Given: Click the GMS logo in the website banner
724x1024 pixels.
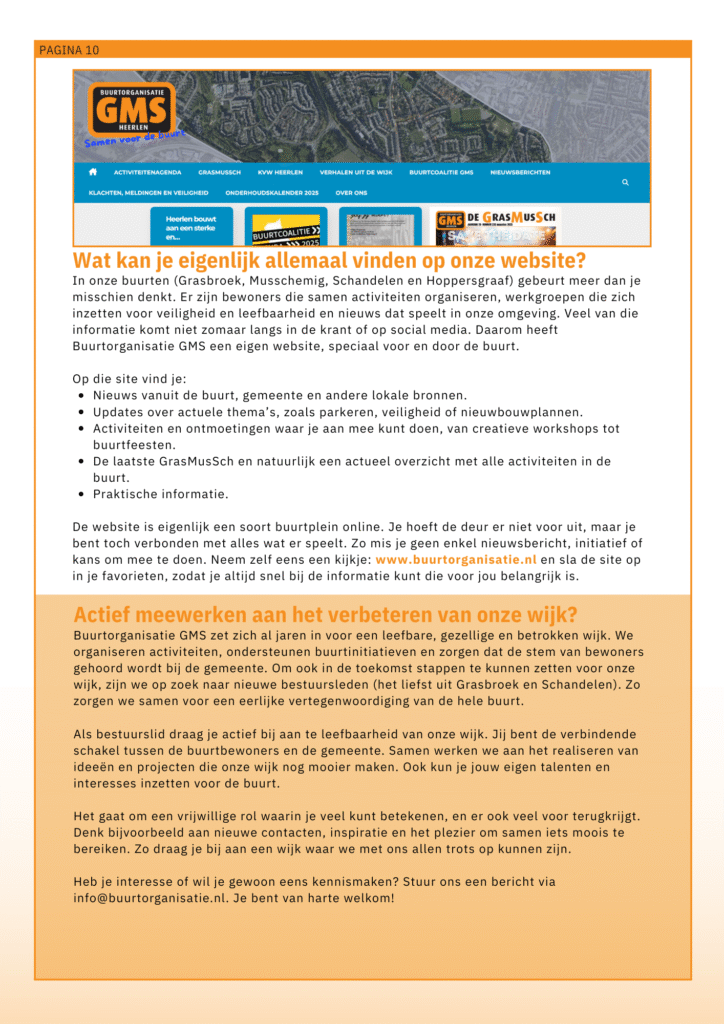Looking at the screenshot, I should [x=131, y=108].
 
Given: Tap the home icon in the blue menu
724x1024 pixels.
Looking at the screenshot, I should [x=93, y=171].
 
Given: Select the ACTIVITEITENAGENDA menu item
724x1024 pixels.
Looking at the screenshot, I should [x=148, y=172].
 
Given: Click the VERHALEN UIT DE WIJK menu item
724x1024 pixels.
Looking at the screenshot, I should [x=356, y=172].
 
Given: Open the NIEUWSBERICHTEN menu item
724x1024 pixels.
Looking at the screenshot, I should [x=520, y=172].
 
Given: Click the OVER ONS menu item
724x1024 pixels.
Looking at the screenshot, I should [x=351, y=192].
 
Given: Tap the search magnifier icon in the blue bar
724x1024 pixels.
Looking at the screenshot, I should [x=625, y=182].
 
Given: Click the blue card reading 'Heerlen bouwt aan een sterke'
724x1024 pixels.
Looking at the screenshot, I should [x=191, y=227].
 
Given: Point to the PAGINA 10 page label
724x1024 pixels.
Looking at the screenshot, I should [x=69, y=50].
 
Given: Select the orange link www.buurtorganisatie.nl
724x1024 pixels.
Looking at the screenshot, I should [x=456, y=560].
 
